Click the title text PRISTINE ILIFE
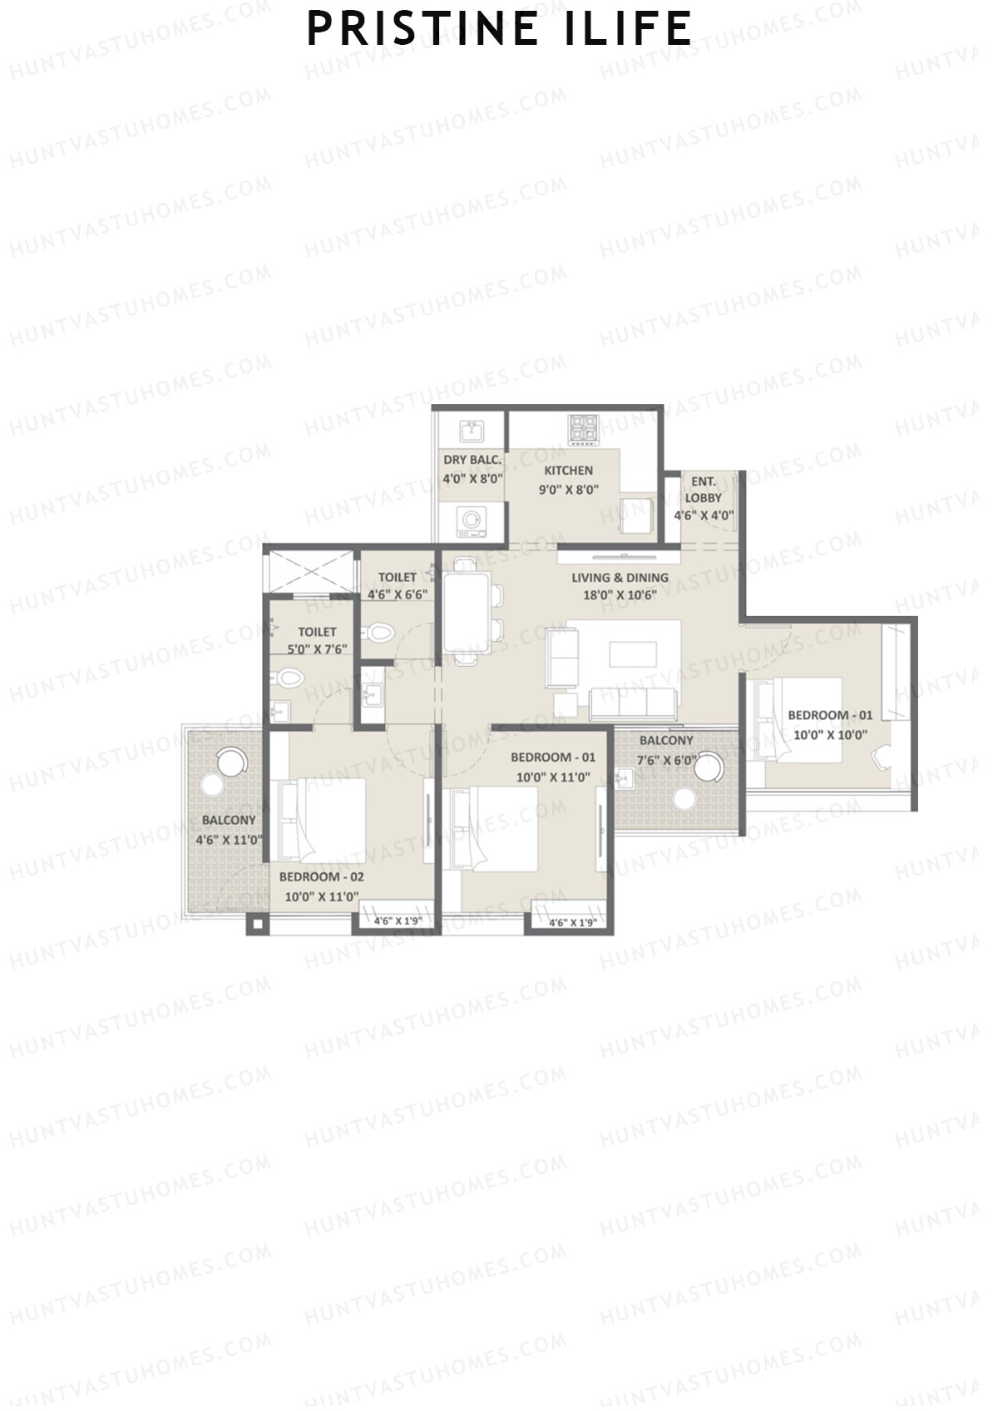pos(499,29)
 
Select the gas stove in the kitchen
pos(584,429)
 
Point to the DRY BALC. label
pos(472,460)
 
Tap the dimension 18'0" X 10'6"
pos(620,594)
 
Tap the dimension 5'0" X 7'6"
pos(317,649)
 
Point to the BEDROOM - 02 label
pos(321,876)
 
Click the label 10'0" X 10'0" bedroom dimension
pos(830,734)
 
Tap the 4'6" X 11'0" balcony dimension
pos(229,840)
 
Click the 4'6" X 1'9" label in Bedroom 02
pos(398,921)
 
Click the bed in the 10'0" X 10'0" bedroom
pos(803,718)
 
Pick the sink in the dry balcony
pos(472,431)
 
